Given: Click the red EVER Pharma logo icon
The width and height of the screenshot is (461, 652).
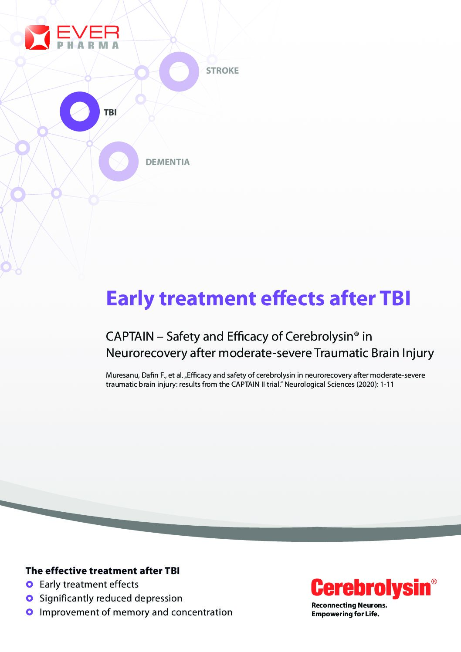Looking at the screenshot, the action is [x=37, y=37].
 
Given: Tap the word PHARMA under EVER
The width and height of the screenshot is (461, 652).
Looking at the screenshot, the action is [x=88, y=45].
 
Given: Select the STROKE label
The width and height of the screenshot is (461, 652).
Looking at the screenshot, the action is [x=222, y=71].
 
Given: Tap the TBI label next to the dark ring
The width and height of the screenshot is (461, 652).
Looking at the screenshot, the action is [x=110, y=112].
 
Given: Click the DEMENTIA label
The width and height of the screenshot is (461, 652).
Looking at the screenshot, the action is [x=167, y=162].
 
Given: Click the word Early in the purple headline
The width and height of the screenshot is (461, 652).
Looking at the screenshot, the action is [x=130, y=299].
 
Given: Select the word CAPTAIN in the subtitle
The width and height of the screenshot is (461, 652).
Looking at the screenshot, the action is [x=130, y=337].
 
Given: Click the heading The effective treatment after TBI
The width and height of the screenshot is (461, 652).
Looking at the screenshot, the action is [x=102, y=571].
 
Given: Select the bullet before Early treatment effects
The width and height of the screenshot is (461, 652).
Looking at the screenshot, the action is [x=30, y=584].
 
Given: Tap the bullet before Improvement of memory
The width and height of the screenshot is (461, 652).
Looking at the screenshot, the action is [x=30, y=612].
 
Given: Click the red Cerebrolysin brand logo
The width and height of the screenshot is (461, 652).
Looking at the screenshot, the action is [x=373, y=588].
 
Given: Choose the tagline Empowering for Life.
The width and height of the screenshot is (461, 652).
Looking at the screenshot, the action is [x=346, y=614].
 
